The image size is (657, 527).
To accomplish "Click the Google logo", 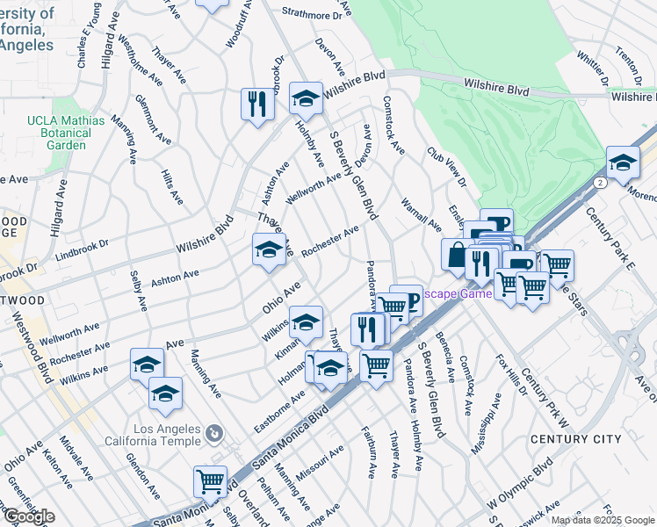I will (x=29, y=516).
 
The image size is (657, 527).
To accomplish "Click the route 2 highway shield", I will (x=598, y=182).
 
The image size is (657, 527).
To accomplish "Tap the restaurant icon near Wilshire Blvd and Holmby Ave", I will (x=257, y=105).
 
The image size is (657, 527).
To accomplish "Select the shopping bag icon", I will (x=457, y=255).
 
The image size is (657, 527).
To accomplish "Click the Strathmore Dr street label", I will (x=312, y=15).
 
